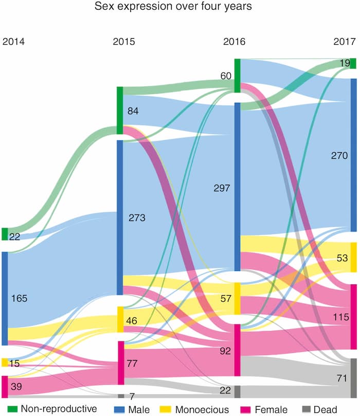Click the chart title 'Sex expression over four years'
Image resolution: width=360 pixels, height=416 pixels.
[x=179, y=7]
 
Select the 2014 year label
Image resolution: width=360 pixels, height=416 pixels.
[x=14, y=42]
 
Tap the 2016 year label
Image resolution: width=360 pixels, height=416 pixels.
[x=234, y=42]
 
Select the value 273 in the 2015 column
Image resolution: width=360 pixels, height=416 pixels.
[x=137, y=218]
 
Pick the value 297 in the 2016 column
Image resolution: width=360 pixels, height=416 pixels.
[x=221, y=188]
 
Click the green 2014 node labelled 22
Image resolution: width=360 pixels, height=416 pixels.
[x=5, y=234]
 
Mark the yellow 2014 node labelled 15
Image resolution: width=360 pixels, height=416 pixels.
[x=5, y=363]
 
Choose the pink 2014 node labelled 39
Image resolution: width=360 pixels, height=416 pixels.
[x=5, y=386]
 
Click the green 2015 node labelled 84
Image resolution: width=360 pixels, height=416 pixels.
[x=120, y=110]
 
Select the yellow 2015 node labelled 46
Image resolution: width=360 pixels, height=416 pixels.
[x=120, y=319]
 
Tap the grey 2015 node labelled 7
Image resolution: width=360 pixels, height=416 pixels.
[x=120, y=396]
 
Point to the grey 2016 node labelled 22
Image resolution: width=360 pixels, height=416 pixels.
[x=237, y=391]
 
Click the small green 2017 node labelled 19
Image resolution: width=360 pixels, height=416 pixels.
[x=353, y=63]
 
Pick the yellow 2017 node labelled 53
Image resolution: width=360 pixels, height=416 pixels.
[x=353, y=257]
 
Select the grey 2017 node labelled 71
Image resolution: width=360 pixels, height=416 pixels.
[x=353, y=378]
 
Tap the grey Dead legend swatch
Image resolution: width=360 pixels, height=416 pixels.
[x=304, y=409]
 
